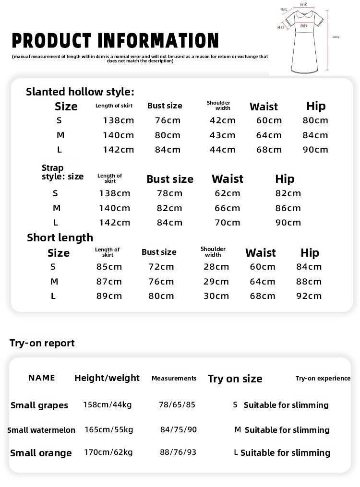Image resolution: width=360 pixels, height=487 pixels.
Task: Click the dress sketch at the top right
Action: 307,38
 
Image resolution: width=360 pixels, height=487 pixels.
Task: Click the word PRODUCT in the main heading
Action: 52,41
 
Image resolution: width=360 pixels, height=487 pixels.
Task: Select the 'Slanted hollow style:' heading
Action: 80,92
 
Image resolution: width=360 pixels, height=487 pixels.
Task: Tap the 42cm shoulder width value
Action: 223,120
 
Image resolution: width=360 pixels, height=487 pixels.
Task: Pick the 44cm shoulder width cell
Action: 223,150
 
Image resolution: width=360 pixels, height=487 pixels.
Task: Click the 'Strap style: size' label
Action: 62,172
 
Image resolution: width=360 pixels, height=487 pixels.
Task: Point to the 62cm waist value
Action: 227,193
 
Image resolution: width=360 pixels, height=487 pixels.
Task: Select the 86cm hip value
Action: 288,208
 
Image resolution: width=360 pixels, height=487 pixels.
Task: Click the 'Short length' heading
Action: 60,238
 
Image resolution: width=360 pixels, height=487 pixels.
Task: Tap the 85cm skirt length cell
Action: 109,267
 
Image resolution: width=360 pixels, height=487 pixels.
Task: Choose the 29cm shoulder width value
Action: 216,282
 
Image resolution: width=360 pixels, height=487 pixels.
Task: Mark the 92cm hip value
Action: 309,296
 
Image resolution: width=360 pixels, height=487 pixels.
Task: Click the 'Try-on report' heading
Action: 42,343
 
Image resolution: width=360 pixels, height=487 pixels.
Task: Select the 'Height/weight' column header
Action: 107,378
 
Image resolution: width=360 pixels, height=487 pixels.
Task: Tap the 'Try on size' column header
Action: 235,379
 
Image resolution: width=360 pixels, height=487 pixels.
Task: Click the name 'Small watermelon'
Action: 41,430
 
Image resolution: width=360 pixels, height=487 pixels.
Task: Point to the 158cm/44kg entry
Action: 108,404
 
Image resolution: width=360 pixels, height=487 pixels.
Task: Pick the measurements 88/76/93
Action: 179,452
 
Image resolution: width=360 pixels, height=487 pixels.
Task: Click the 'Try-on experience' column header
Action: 323,379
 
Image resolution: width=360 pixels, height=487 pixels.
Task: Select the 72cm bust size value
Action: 161,267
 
